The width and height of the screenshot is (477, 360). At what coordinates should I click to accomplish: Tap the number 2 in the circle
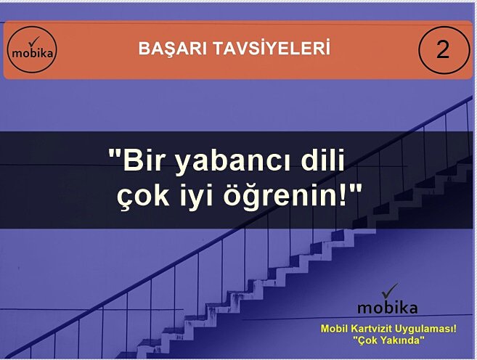[x=442, y=50]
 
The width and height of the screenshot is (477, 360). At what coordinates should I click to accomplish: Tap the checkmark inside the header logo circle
[x=33, y=43]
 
